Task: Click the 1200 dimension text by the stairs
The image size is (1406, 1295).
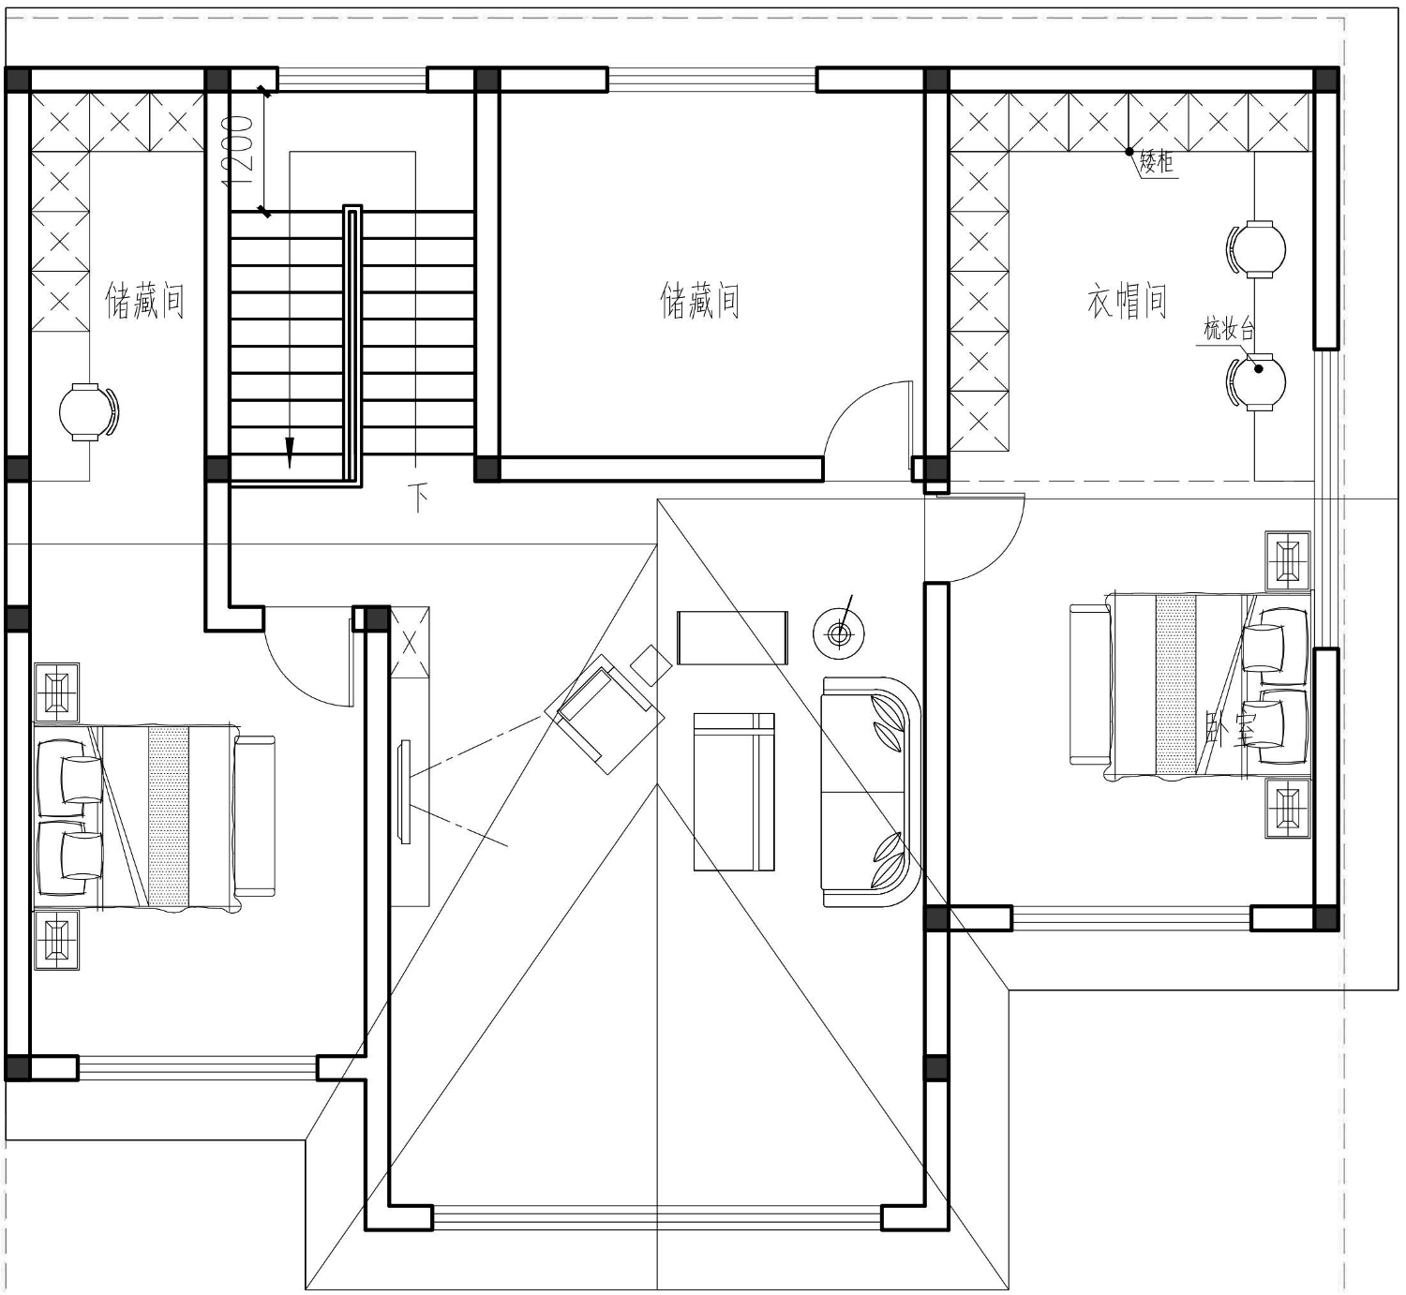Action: pyautogui.click(x=236, y=151)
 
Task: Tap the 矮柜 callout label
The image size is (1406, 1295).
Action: pyautogui.click(x=1156, y=163)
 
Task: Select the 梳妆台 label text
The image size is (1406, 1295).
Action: pyautogui.click(x=1229, y=329)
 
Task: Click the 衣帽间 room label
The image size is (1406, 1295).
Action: pyautogui.click(x=1127, y=302)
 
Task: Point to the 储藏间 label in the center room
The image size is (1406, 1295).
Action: pyautogui.click(x=700, y=302)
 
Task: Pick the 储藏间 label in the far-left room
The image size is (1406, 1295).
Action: pyautogui.click(x=145, y=302)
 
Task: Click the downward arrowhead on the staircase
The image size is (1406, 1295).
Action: pyautogui.click(x=290, y=452)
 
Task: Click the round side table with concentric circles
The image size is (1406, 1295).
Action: pyautogui.click(x=839, y=634)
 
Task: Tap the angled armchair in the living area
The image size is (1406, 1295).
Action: pyautogui.click(x=605, y=713)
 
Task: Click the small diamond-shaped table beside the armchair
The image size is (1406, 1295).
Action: pyautogui.click(x=651, y=665)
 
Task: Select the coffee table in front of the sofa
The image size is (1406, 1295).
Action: pyautogui.click(x=734, y=792)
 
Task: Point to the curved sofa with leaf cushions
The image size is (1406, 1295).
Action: pyautogui.click(x=871, y=792)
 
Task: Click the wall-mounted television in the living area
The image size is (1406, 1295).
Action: pyautogui.click(x=404, y=792)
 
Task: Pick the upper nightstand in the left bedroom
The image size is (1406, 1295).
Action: pyautogui.click(x=57, y=692)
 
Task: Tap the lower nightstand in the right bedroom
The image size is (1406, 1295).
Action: pyautogui.click(x=1288, y=808)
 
